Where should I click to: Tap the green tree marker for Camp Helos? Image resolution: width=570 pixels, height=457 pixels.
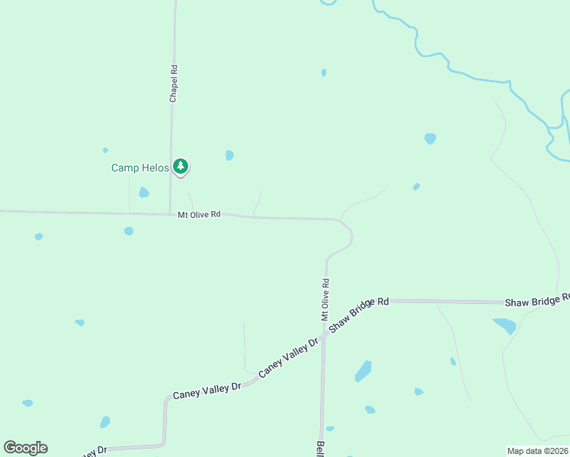[x=181, y=166]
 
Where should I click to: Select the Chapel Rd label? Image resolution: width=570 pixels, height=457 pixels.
[x=174, y=84]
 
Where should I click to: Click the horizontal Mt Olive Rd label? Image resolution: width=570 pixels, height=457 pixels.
[x=199, y=215]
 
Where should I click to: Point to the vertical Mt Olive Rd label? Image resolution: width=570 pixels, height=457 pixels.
[x=325, y=298]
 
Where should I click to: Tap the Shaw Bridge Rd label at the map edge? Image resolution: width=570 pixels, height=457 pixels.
[x=536, y=302]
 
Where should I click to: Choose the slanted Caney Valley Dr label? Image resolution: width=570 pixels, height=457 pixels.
[x=287, y=359]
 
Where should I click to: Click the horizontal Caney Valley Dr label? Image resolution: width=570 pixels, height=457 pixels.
[x=207, y=391]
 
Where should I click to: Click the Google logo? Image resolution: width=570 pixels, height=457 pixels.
[x=25, y=448]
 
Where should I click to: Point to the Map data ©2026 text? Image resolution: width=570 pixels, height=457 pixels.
[x=537, y=451]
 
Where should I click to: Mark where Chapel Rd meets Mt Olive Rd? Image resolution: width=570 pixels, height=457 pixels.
[x=170, y=214]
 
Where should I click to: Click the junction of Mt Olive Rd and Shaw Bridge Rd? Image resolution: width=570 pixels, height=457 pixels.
[x=324, y=334]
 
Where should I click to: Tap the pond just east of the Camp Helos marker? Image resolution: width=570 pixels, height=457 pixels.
[x=229, y=155]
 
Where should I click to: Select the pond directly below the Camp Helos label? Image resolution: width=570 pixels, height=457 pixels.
[x=143, y=192]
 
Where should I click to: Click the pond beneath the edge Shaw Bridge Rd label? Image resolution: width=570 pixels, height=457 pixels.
[x=505, y=326]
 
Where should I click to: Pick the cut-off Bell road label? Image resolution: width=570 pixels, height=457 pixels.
[x=320, y=448]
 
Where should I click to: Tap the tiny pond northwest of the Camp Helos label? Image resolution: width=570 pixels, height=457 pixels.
[x=105, y=150]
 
